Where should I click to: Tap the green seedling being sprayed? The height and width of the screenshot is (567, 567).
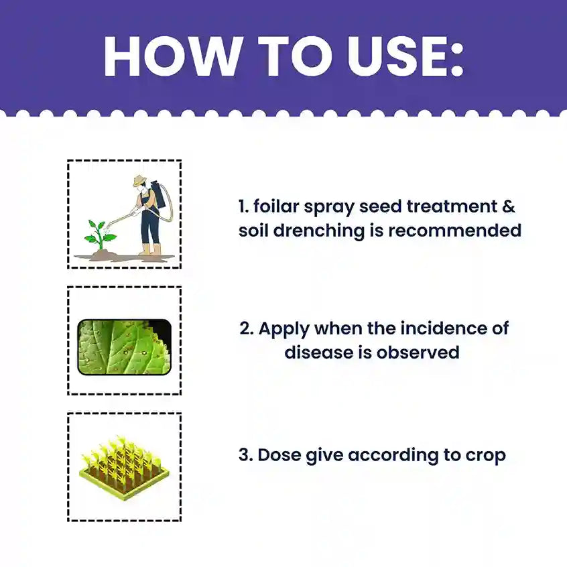(99, 235)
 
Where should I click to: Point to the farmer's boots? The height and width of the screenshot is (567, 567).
(151, 249)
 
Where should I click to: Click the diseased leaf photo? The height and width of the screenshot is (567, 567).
(125, 347)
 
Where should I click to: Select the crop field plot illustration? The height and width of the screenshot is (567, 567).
(124, 468)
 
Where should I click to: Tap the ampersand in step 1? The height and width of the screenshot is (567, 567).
(509, 206)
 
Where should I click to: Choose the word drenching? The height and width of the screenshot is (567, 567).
(318, 231)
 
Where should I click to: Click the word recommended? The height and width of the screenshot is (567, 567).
(454, 231)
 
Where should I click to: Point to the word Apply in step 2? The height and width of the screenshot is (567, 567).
(283, 329)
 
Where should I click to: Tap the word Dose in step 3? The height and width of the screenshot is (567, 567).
(279, 455)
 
